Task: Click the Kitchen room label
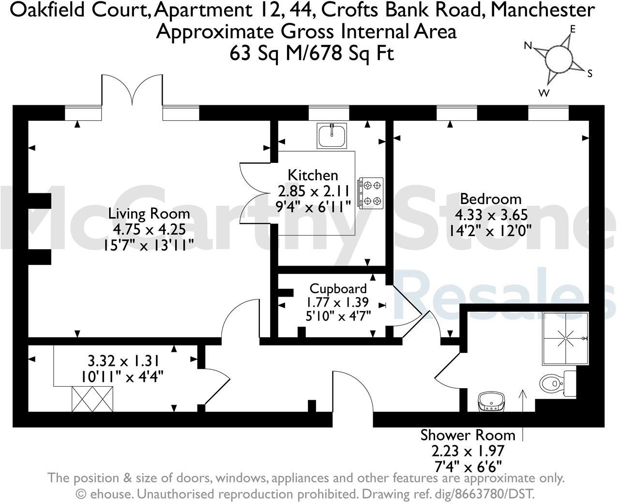point(313,175)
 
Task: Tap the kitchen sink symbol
point(332,136)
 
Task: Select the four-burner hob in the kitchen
point(371,193)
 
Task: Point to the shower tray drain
point(565,338)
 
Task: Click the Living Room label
point(149,213)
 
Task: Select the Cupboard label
point(338,288)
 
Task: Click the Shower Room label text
point(468,435)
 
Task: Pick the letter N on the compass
point(528,46)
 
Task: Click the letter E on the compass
point(573,29)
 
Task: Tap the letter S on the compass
point(590,74)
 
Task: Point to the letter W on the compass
point(544,93)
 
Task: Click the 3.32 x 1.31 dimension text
point(123,361)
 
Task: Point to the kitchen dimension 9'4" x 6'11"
point(313,207)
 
